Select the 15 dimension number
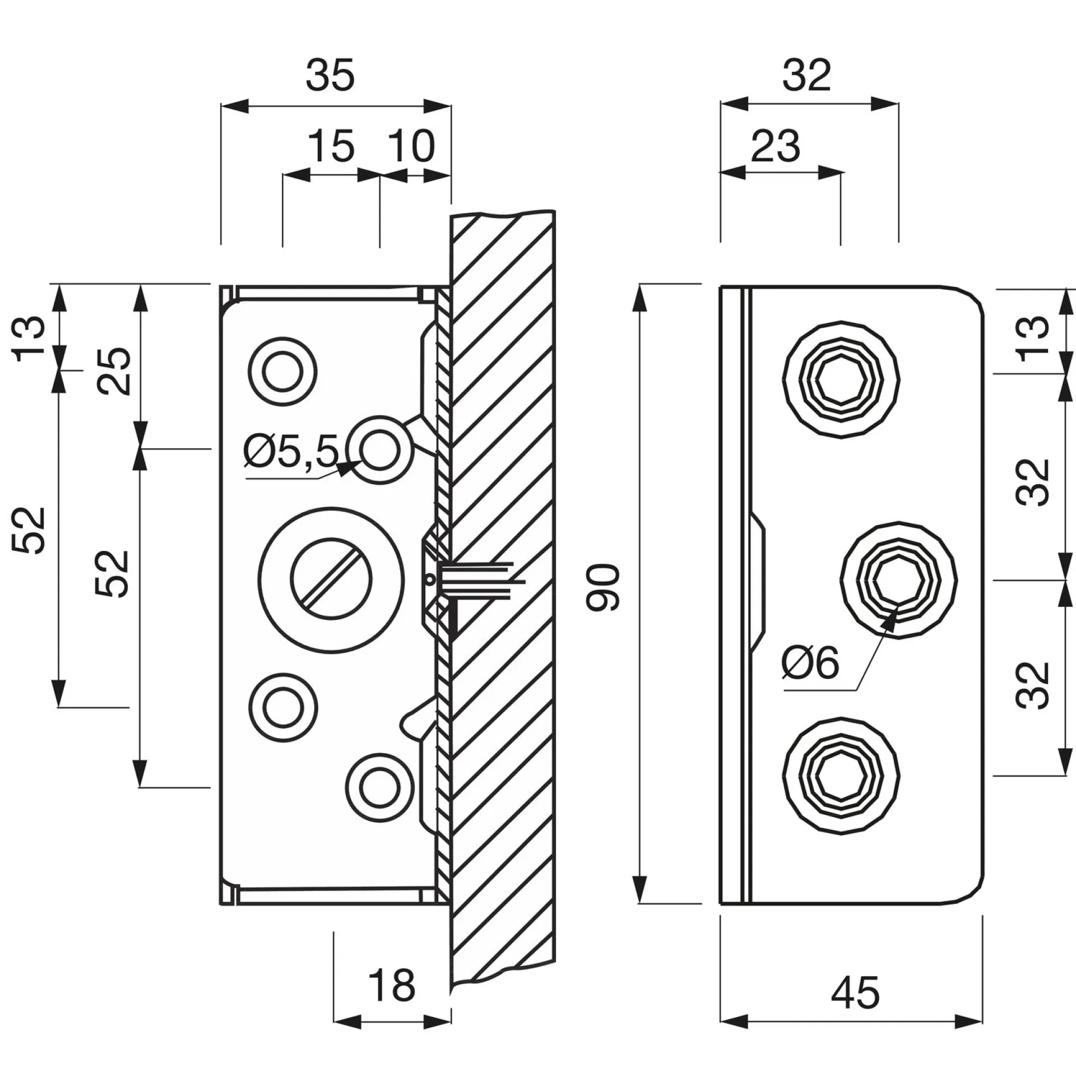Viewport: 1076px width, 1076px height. pos(332,146)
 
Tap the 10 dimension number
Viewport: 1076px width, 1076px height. pos(412,146)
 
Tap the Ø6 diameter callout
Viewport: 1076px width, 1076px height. pos(811,663)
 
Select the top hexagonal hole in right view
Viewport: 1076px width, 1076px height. pos(841,381)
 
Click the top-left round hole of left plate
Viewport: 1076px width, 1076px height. pos(283,371)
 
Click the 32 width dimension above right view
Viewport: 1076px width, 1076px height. pos(806,76)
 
